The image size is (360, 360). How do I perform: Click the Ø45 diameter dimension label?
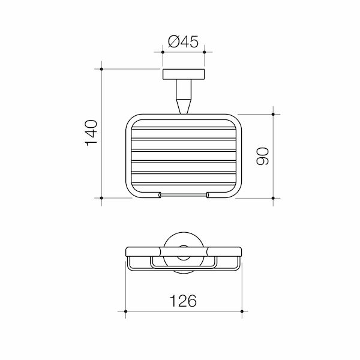click(184, 42)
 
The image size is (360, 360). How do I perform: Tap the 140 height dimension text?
click(91, 133)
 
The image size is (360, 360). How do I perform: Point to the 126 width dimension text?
click(184, 301)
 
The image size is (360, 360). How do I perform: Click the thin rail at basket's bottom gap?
click(184, 195)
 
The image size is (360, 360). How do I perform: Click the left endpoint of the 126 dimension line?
click(126, 312)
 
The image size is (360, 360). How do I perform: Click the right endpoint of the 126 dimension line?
click(241, 312)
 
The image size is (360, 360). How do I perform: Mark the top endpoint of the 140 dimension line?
click(102, 70)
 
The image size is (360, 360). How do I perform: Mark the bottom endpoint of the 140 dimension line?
click(102, 197)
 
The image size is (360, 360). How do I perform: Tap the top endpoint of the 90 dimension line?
click(274, 114)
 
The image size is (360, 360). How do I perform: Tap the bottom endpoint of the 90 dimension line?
click(274, 197)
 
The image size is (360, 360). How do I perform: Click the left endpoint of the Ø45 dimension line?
click(163, 53)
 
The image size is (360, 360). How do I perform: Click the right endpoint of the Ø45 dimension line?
click(205, 53)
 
